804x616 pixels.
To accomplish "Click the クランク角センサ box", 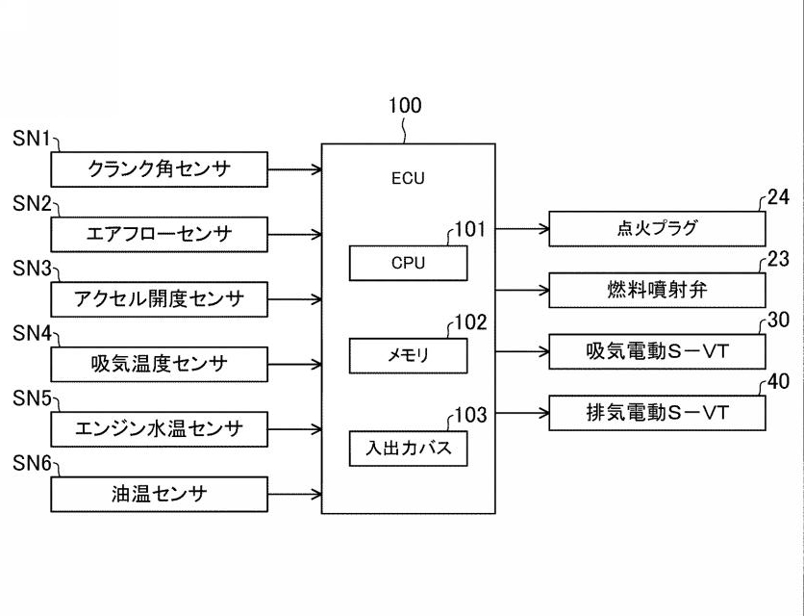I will [x=159, y=169].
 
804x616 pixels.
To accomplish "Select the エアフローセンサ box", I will [x=159, y=234].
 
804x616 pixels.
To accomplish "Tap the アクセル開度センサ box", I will [x=159, y=299].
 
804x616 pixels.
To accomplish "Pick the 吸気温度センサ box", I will [x=159, y=365].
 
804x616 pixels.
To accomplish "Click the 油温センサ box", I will [x=159, y=495].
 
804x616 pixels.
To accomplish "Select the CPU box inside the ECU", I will [x=408, y=263].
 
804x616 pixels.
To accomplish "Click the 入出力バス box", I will [x=408, y=449].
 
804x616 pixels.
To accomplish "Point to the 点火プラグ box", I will [x=657, y=229].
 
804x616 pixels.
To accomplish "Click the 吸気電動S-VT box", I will [x=657, y=351].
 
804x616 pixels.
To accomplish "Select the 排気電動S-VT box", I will [x=657, y=413].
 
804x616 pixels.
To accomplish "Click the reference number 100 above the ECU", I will [x=404, y=106].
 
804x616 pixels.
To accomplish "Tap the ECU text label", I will [x=408, y=178].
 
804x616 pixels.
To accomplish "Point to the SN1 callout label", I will [x=32, y=140].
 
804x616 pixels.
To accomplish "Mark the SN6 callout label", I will [x=32, y=464].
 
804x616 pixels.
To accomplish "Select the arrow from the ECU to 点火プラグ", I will [x=522, y=229].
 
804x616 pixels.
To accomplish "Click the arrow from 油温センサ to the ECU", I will [x=294, y=495].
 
